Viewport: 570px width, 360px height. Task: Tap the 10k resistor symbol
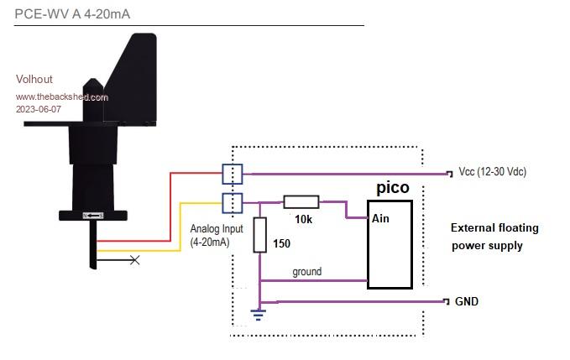[x=301, y=201]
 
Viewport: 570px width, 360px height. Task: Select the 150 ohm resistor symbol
[x=260, y=234]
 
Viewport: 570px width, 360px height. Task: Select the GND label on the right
[x=466, y=300]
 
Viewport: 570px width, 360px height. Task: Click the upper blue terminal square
[x=233, y=174]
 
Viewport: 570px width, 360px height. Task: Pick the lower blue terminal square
[x=233, y=202]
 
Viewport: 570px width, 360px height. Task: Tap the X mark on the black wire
[x=133, y=261]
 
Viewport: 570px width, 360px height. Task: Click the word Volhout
[x=34, y=80]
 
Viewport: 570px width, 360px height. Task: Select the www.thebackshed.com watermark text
[x=62, y=97]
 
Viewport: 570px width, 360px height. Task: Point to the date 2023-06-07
[x=39, y=109]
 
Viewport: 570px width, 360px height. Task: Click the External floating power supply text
[x=494, y=237]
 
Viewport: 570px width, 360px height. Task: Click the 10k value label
[x=302, y=219]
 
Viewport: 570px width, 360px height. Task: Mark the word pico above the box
[x=392, y=187]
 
